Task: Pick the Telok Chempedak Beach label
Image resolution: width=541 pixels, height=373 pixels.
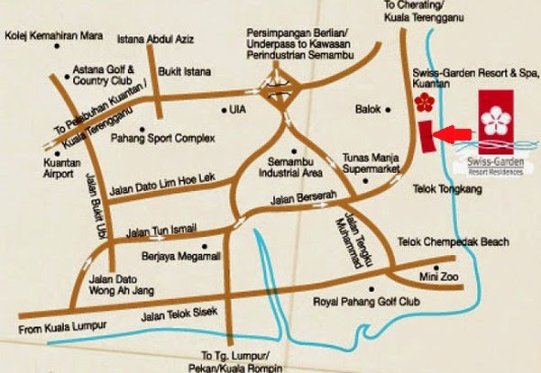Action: point(453,241)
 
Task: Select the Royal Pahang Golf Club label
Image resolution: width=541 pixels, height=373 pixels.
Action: point(362,304)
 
